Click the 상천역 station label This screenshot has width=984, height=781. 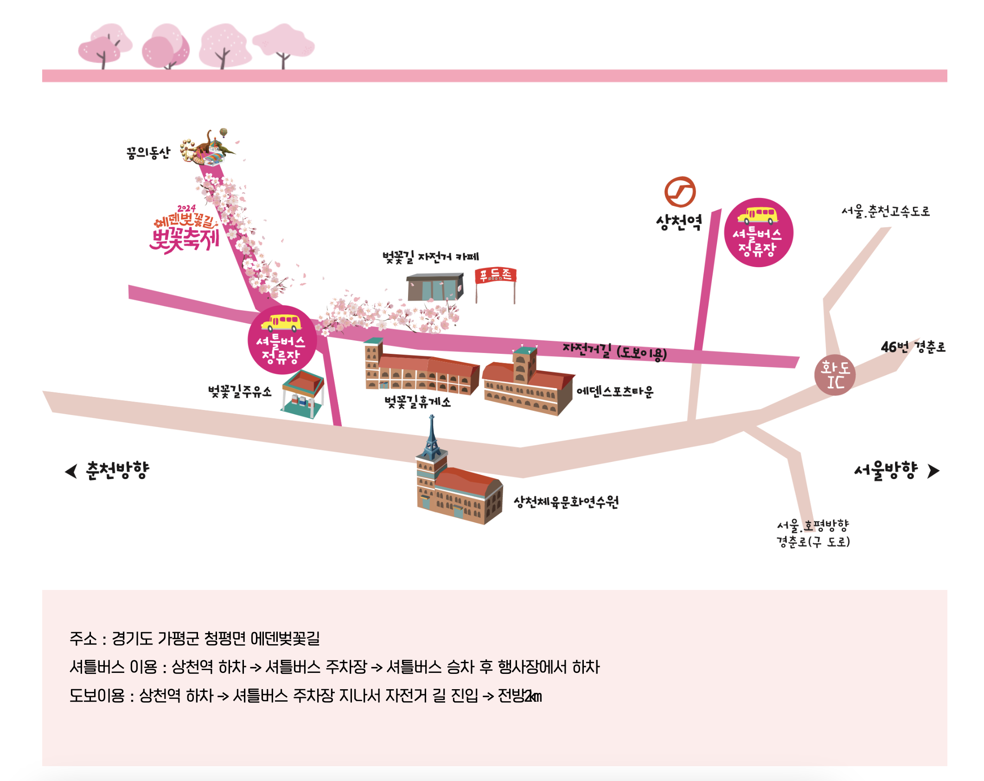tap(678, 222)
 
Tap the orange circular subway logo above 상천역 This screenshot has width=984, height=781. tap(680, 192)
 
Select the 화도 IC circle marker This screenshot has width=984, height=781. tap(835, 375)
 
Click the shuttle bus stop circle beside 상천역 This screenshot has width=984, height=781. tap(758, 232)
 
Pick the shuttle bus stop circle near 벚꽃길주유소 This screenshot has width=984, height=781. tap(282, 340)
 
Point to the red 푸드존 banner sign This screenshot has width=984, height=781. tap(495, 275)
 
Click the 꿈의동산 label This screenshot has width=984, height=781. tap(148, 153)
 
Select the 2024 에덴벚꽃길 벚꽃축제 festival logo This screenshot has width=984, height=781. tap(185, 230)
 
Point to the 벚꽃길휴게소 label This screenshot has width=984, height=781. tap(417, 402)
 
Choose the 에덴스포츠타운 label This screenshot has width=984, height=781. tap(615, 391)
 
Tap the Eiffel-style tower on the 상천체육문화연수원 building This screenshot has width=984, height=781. tap(432, 438)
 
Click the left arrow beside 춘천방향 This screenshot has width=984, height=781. tap(71, 471)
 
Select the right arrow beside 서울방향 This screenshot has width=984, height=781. tap(933, 471)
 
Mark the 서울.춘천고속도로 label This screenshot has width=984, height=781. tap(885, 211)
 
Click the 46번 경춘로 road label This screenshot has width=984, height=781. tap(913, 347)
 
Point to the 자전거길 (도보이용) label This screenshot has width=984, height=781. tap(614, 351)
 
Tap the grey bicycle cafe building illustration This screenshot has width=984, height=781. tap(434, 287)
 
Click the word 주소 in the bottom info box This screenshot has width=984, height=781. tap(83, 639)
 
